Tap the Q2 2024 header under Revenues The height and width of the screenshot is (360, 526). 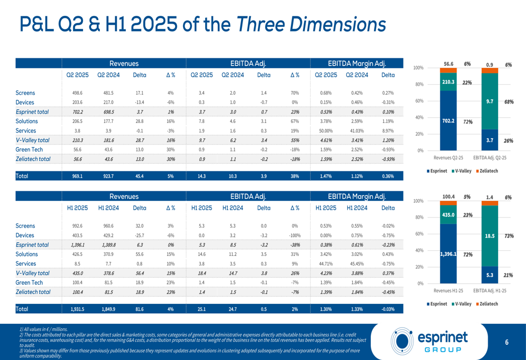pos(108,75)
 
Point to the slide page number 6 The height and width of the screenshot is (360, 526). pos(507,343)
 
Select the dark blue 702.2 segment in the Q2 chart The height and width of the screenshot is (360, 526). pos(448,120)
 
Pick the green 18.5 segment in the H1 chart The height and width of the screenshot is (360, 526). pos(489,237)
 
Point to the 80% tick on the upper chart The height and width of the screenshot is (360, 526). pos(419,85)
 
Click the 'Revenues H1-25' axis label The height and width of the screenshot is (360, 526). pos(449,290)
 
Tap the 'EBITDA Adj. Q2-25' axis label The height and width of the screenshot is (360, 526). pos(490,157)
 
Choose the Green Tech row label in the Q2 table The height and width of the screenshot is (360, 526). pos(29,149)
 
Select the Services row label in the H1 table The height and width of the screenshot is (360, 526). pos(26,264)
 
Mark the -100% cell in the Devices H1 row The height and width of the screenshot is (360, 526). pos(295,235)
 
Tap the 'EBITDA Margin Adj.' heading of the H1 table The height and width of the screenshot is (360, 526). pos(357,197)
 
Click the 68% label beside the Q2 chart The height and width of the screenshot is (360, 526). pos(508,101)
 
